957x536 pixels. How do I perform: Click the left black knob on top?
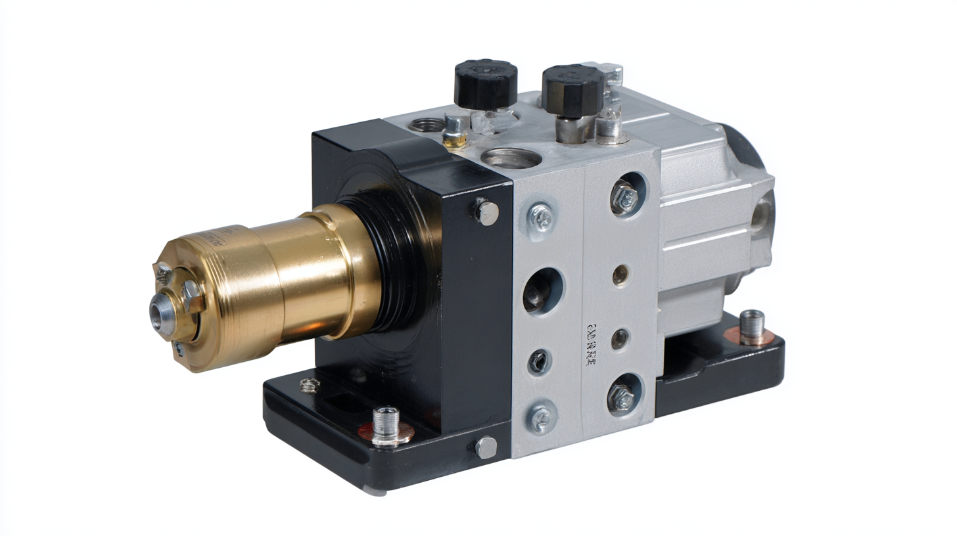tap(485, 83)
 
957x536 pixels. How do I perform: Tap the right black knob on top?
tap(572, 89)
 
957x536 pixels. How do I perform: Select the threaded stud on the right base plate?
tap(751, 326)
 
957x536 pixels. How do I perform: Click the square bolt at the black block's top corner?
tap(486, 212)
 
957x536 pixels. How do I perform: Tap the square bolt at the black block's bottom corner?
tap(486, 447)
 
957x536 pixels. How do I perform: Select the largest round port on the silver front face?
tap(543, 291)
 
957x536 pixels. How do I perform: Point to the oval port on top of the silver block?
tap(511, 158)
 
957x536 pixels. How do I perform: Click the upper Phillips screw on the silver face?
tap(542, 216)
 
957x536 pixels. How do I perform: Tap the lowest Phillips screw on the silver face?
tap(541, 417)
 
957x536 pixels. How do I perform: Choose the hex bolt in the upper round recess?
tap(624, 195)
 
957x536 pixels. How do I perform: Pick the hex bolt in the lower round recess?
tap(621, 395)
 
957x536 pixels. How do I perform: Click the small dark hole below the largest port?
tap(539, 361)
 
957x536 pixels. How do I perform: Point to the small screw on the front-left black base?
tap(310, 385)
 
